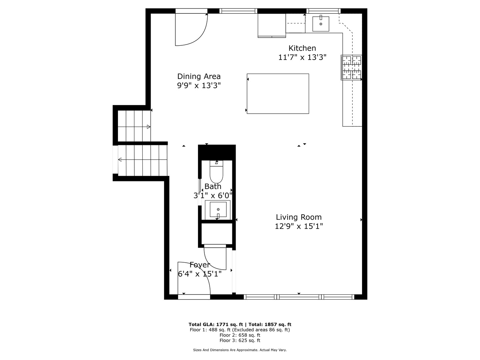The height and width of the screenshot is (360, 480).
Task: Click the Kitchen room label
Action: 302,48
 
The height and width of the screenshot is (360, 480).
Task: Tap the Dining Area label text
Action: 199,76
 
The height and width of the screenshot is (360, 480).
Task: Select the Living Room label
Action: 299,217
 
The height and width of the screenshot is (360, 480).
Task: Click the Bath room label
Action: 213,186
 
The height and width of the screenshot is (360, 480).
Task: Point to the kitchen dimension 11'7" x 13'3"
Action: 302,57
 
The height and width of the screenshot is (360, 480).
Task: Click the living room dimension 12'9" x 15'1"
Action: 299,226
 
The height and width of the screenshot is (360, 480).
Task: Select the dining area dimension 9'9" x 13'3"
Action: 199,86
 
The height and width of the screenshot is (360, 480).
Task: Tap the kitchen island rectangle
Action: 278,94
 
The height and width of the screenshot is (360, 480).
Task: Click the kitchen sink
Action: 321,24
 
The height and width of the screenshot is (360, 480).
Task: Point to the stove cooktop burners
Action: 352,68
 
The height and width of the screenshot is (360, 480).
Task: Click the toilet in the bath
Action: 216,171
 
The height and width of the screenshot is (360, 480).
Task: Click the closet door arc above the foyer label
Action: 215,258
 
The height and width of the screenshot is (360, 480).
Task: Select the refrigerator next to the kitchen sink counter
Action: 272,25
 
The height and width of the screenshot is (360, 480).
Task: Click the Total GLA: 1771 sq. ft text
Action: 216,324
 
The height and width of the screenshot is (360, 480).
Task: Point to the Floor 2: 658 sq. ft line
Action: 240,335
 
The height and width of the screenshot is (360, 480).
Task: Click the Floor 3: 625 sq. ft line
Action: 240,340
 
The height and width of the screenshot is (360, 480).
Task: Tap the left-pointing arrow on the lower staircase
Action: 120,160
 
